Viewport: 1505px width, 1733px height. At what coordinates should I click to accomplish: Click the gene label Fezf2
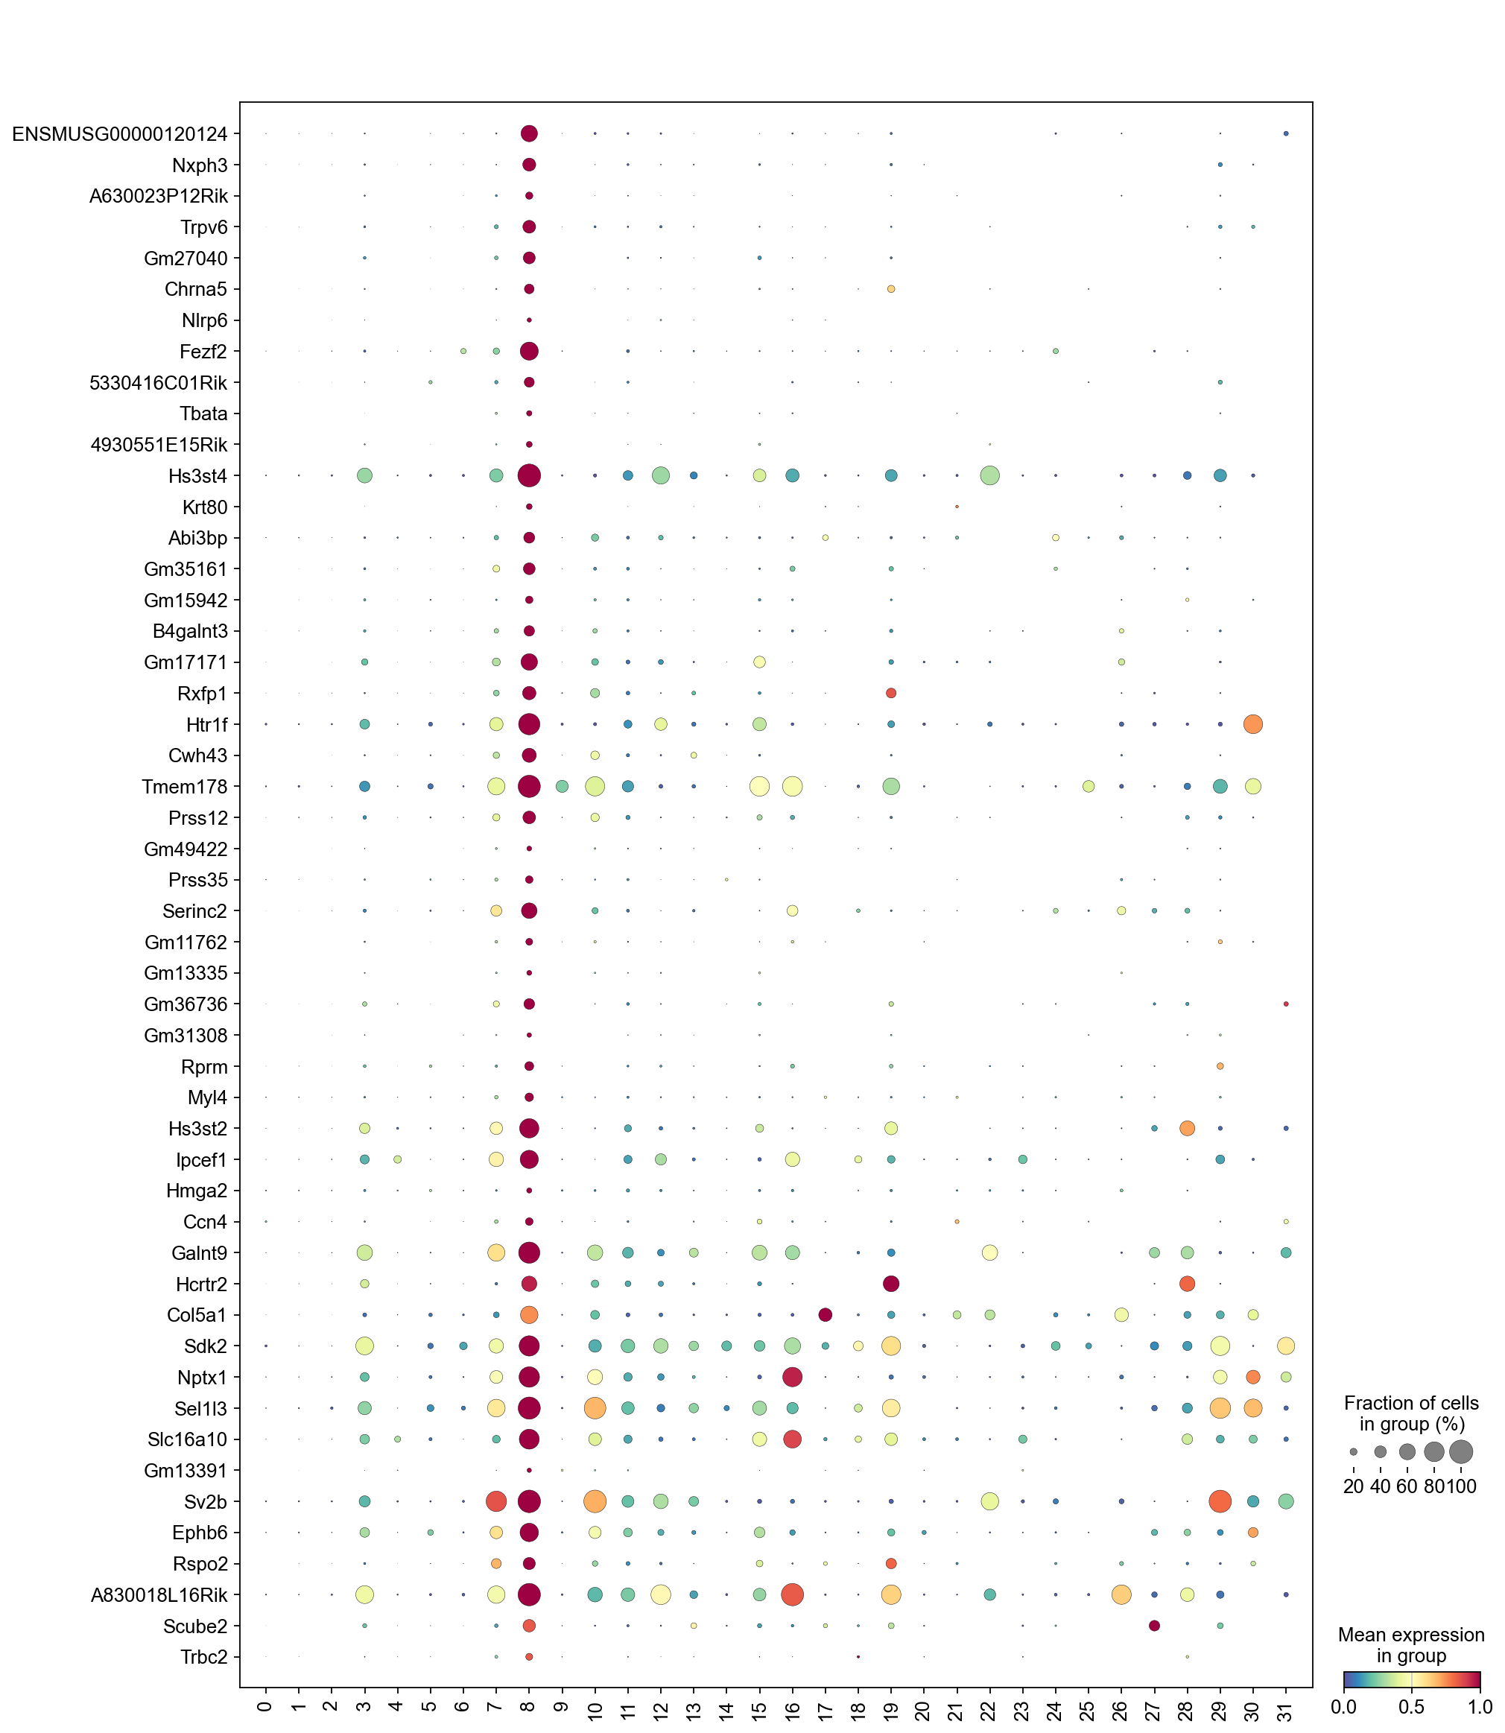204,352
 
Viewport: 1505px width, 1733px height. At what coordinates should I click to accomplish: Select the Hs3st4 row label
197,476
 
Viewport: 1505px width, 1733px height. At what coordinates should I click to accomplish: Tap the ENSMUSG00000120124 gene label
120,134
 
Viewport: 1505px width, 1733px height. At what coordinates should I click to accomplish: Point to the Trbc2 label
203,1656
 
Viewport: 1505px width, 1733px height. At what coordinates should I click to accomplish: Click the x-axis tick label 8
528,1705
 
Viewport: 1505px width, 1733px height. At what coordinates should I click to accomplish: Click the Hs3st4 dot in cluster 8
529,476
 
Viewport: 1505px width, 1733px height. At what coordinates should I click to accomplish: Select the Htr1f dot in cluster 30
1252,723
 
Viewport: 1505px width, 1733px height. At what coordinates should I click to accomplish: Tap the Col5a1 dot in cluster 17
825,1314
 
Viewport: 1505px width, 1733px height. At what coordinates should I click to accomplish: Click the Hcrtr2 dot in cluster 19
891,1283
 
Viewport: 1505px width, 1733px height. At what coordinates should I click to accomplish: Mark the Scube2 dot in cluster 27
1154,1626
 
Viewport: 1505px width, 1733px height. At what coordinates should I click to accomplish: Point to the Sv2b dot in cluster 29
1220,1501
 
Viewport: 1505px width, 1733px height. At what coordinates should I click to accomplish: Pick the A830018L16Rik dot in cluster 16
792,1594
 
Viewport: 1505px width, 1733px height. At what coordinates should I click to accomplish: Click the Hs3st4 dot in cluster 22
989,476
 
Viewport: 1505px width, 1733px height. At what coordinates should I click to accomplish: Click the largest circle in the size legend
1460,1451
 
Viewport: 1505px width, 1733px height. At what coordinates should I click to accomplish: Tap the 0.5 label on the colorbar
1411,1708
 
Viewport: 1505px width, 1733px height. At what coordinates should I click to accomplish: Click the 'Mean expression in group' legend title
1411,1646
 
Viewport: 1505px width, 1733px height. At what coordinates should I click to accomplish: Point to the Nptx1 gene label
202,1377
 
